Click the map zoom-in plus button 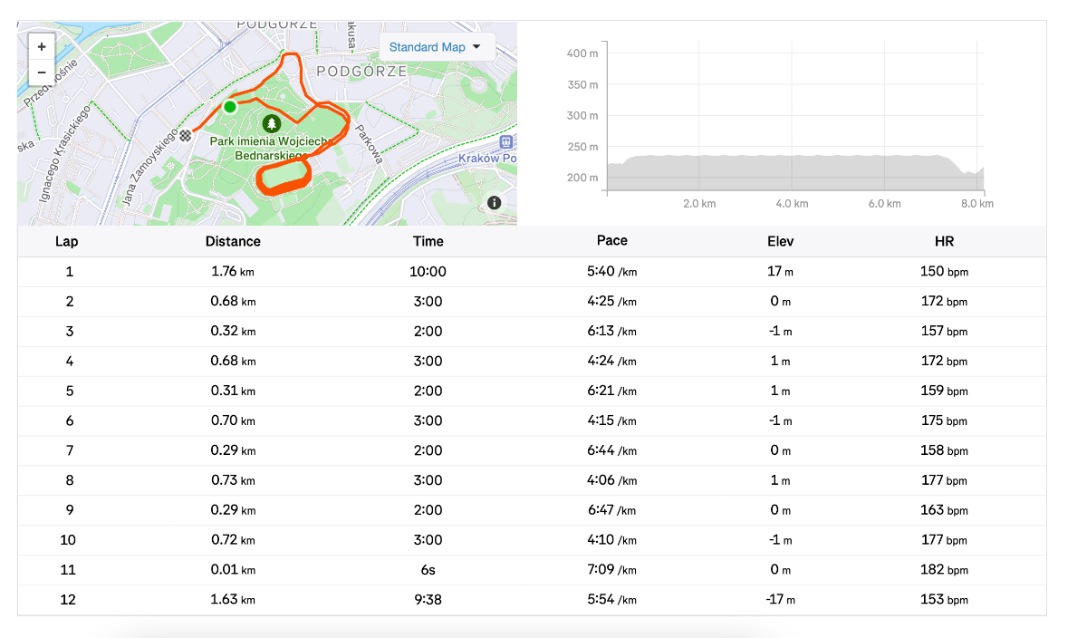[42, 46]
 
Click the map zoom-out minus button [42, 72]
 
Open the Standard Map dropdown [436, 47]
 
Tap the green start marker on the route [230, 107]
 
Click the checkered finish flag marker [186, 136]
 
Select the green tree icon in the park [271, 122]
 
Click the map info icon [494, 203]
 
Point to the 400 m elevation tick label [582, 53]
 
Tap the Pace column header [612, 241]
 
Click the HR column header [944, 241]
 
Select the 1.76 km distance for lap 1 [233, 271]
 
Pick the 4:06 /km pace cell [612, 480]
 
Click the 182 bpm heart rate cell [944, 570]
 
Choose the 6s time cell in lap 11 [428, 570]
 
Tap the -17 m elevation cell [780, 600]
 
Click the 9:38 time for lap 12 [428, 600]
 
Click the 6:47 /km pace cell [612, 510]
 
